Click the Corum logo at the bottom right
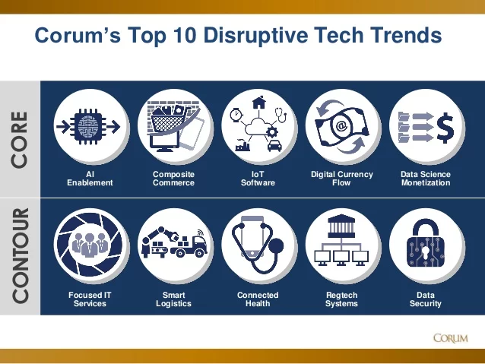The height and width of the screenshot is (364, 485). (451, 338)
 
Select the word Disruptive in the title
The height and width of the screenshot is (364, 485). (255, 35)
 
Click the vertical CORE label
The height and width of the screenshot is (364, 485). (20, 140)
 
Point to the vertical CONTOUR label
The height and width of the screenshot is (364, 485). (20, 255)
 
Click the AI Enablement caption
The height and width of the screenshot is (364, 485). (90, 179)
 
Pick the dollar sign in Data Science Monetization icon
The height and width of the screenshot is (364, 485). (445, 127)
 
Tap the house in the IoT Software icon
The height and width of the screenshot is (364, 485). (259, 103)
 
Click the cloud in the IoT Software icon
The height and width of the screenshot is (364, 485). (258, 126)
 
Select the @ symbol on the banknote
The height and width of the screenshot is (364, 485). (341, 125)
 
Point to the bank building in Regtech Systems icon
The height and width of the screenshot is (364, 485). (341, 226)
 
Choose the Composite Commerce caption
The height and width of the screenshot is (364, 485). (173, 179)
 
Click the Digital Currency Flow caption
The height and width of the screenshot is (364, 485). (342, 179)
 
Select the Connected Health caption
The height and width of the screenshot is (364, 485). (258, 299)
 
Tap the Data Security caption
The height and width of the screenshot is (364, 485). (426, 299)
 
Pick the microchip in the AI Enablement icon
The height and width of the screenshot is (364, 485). (88, 126)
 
